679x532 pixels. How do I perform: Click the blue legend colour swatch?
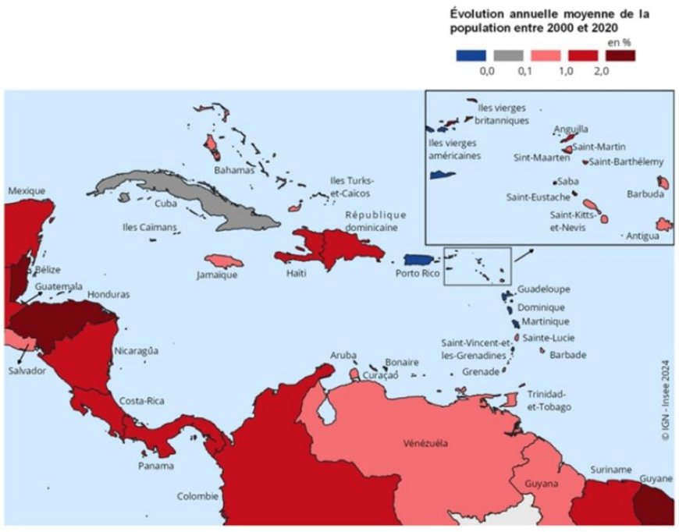coord(471,55)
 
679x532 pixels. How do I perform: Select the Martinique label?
coord(544,321)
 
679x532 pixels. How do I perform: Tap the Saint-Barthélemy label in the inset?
coord(627,162)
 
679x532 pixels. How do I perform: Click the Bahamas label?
coord(235,169)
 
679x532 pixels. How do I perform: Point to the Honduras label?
coord(108,295)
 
